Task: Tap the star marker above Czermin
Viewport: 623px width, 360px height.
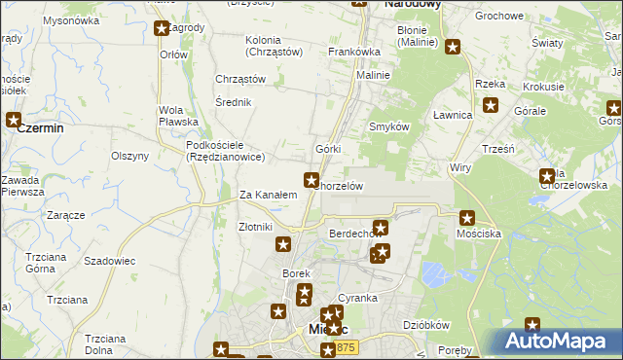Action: pyautogui.click(x=14, y=121)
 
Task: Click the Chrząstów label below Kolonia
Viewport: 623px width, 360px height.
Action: pyautogui.click(x=240, y=79)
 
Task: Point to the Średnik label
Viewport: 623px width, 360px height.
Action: pyautogui.click(x=235, y=102)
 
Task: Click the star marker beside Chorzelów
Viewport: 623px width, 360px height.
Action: pyautogui.click(x=311, y=179)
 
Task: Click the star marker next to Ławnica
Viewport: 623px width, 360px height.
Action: pyautogui.click(x=490, y=106)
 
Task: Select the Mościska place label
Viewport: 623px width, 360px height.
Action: pyautogui.click(x=478, y=234)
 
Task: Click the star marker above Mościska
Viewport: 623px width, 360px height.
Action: pyautogui.click(x=467, y=219)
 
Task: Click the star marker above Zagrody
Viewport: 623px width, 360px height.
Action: pyautogui.click(x=162, y=27)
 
